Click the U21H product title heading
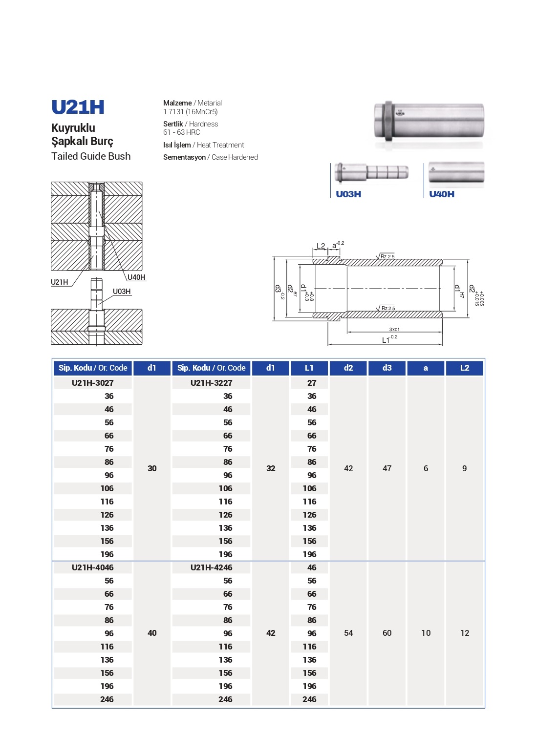pos(78,107)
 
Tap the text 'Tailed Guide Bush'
pos(91,156)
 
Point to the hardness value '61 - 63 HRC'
pos(181,132)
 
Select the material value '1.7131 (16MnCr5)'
pos(190,112)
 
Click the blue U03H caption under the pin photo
pos(348,194)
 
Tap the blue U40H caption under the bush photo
pos(442,194)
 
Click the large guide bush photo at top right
pos(429,122)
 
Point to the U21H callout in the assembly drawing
pos(60,282)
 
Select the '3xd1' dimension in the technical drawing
pos(394,330)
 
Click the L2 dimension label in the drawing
pos(321,246)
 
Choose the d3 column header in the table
pos(387,368)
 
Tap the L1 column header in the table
pos(309,368)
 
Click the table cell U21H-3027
pos(92,383)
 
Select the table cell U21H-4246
pos(211,567)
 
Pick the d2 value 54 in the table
pos(348,633)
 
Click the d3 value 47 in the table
pos(387,468)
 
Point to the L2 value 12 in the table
pos(465,633)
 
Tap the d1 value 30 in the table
pos(152,468)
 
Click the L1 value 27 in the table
pos(312,383)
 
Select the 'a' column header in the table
pos(426,368)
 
